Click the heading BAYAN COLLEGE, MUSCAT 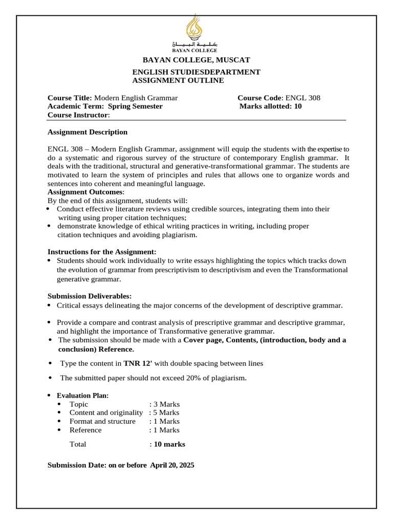tap(196, 60)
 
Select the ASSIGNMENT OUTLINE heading tap(178, 81)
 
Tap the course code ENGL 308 tap(303, 98)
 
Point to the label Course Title tap(70, 98)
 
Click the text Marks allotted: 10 tap(271, 106)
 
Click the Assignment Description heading tap(88, 132)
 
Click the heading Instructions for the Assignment tap(102, 252)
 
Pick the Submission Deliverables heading tap(90, 296)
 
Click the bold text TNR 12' tap(138, 363)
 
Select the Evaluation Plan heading tap(82, 396)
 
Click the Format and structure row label tap(102, 421)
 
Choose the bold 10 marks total tap(169, 444)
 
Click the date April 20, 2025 tap(172, 466)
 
